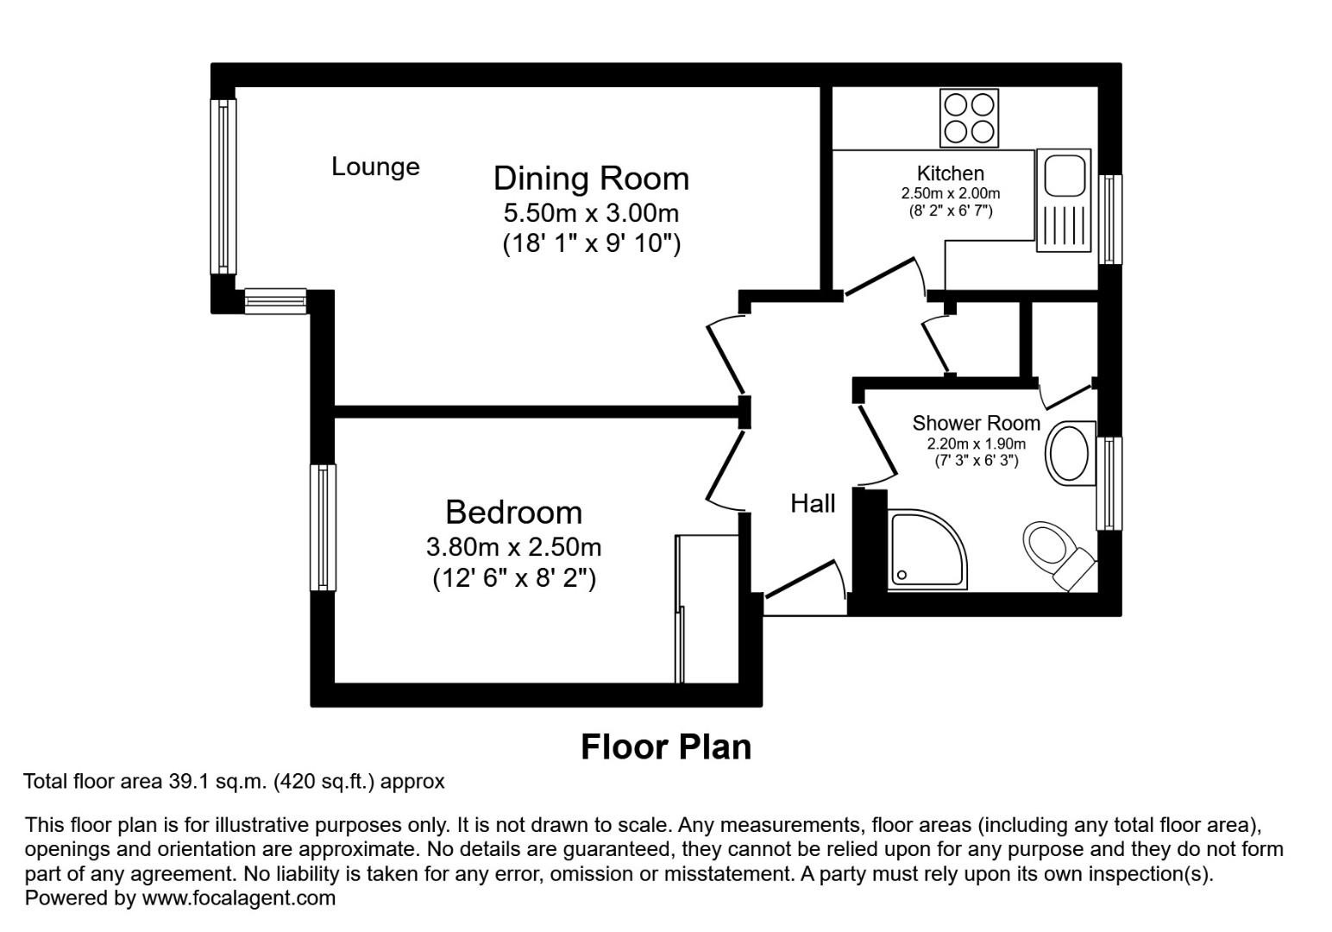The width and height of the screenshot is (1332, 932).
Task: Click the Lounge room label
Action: [375, 167]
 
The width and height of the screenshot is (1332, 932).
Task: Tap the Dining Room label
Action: [591, 178]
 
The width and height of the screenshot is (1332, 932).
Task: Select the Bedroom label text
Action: [513, 512]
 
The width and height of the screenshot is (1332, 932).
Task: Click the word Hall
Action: [813, 503]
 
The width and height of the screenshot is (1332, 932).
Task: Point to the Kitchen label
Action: [950, 173]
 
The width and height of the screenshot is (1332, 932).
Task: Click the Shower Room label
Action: [976, 423]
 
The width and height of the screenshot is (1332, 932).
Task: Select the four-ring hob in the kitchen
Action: [969, 118]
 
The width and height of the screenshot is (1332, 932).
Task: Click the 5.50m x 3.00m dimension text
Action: [591, 212]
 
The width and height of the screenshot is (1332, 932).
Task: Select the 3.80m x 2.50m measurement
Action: [513, 547]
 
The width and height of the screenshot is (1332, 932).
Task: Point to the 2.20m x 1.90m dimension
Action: [976, 444]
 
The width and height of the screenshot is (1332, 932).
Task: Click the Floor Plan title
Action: [665, 746]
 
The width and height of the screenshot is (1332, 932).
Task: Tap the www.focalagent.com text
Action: [238, 898]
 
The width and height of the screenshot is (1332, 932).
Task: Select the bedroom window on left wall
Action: [323, 527]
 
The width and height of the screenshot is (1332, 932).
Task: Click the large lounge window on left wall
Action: [224, 186]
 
